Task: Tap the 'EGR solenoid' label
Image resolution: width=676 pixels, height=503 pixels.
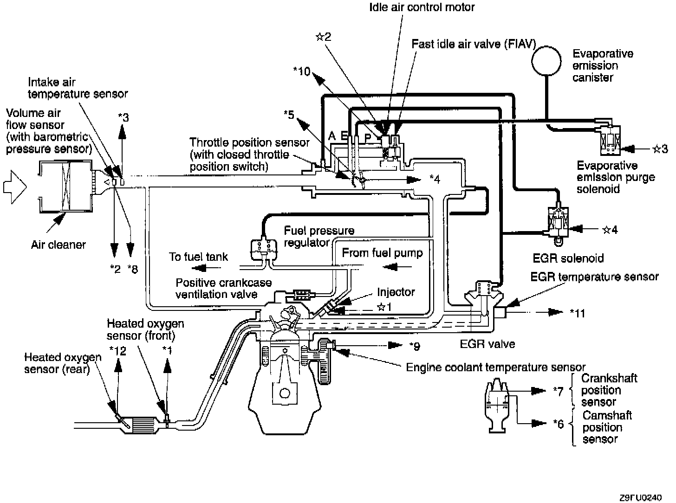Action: tap(569, 258)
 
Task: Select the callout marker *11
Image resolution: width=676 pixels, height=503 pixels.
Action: tap(577, 313)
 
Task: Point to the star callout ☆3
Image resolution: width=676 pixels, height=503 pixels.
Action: tap(660, 149)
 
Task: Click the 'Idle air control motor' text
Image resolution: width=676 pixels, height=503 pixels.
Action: tap(422, 7)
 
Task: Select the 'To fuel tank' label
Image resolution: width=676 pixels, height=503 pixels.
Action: tap(198, 257)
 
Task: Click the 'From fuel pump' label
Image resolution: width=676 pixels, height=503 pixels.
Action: tap(382, 253)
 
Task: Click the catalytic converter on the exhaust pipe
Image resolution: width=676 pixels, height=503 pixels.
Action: tap(144, 424)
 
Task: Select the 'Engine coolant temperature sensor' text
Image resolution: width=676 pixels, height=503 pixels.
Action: tap(495, 368)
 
